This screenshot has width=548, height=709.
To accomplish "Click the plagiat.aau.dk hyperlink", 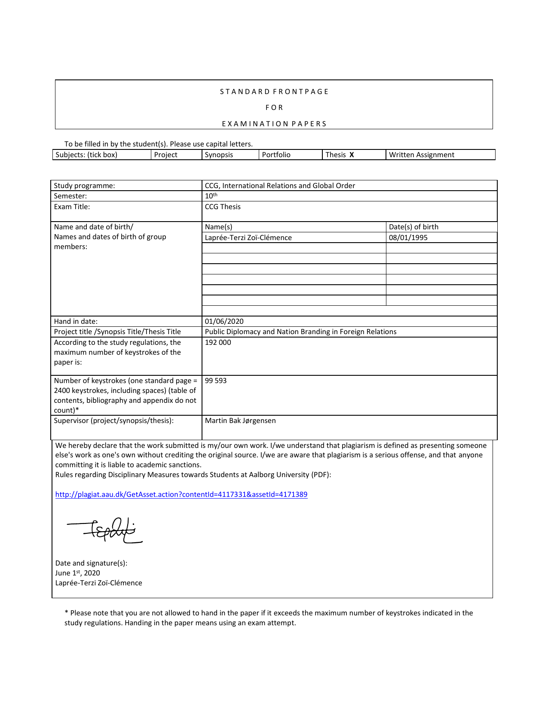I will click(181, 494).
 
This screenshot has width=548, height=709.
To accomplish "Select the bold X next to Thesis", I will click(352, 155).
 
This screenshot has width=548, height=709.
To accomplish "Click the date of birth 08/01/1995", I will click(408, 237).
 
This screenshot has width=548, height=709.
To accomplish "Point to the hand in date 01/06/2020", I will click(224, 321).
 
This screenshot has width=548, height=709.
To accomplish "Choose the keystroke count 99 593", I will click(216, 380).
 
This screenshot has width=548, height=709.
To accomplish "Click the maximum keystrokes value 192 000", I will click(218, 342).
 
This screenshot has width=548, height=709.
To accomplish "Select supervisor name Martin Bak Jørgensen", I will click(240, 420).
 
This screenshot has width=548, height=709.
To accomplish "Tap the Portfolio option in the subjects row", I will click(276, 155).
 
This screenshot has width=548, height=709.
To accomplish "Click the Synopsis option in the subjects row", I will click(219, 155).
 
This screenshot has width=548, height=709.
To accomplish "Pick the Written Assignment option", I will click(421, 155).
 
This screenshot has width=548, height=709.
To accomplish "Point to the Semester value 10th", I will click(211, 196).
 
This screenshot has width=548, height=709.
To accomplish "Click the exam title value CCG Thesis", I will click(223, 207).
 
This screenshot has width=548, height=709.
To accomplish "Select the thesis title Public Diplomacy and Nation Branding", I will click(300, 332).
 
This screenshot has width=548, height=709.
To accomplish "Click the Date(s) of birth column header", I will click(413, 227).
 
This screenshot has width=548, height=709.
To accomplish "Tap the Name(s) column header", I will click(218, 227).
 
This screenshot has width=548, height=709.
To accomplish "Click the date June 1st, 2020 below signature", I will click(77, 573).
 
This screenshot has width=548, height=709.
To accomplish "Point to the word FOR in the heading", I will click(274, 107).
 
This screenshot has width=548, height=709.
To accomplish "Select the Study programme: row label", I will click(84, 186).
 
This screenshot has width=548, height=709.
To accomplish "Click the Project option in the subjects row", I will click(165, 155).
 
